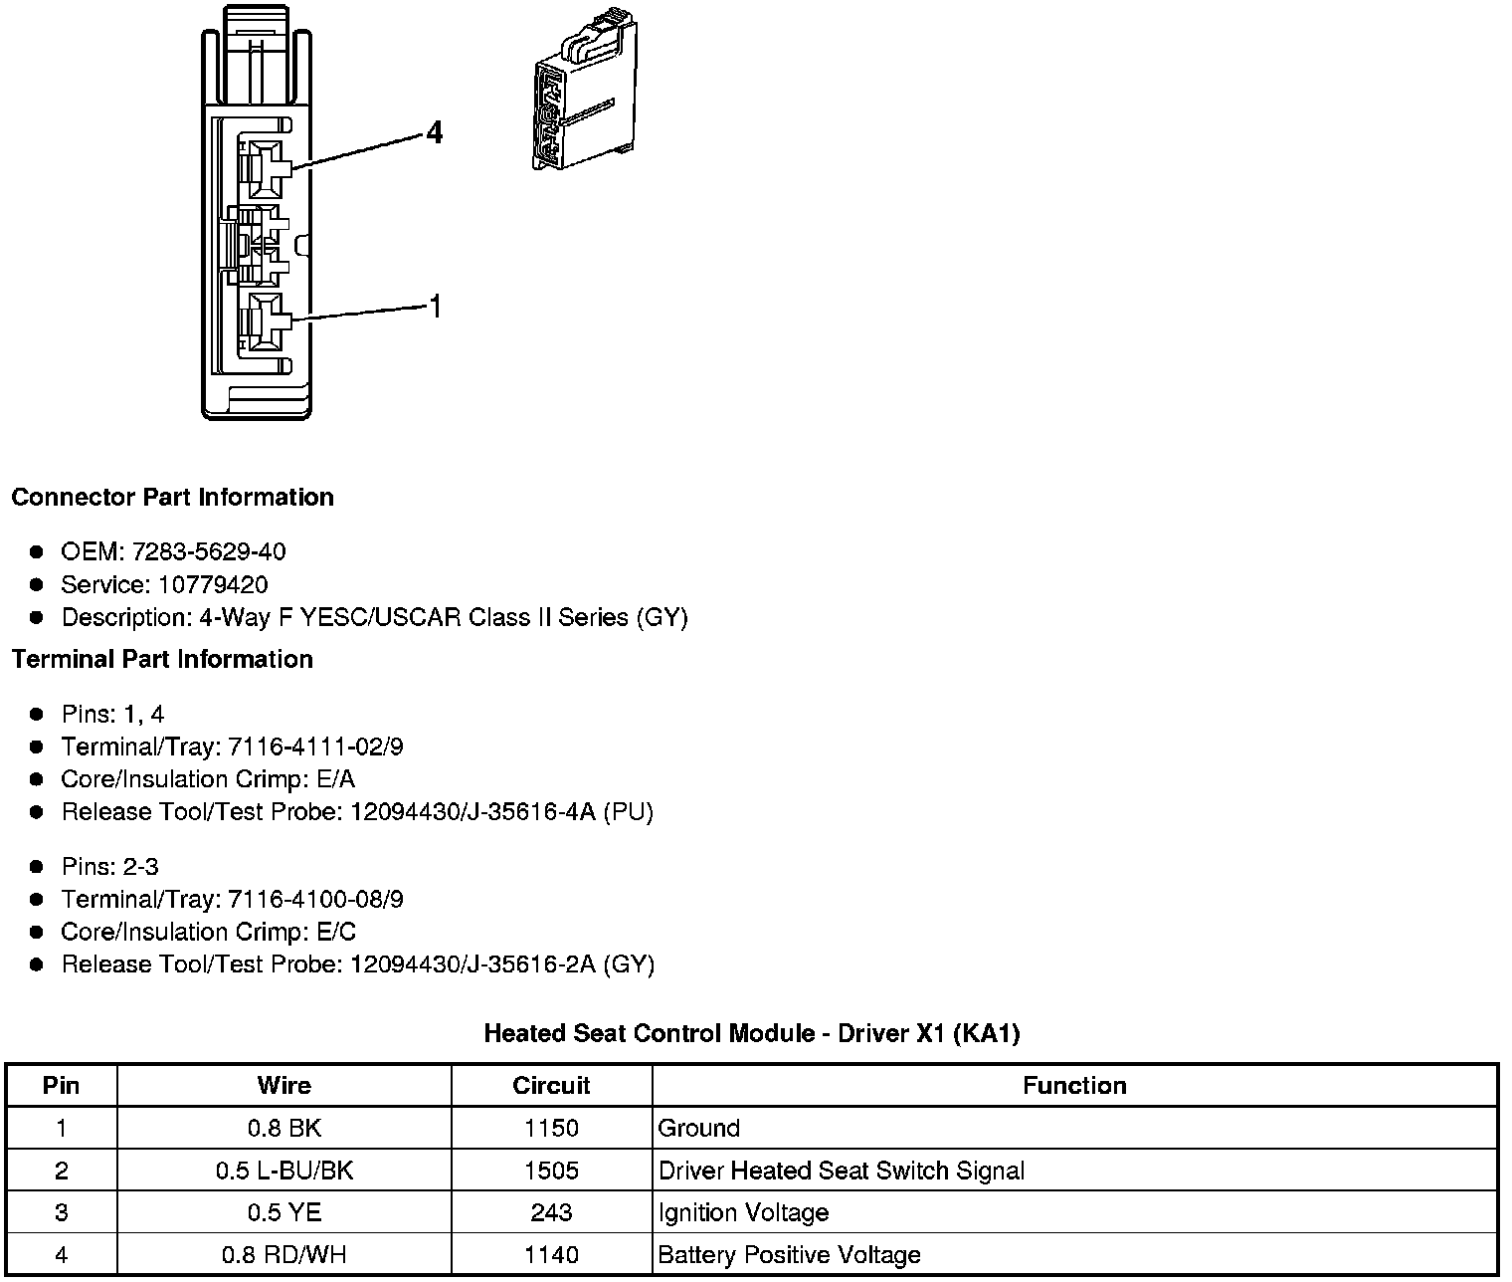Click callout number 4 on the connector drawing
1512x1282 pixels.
click(434, 132)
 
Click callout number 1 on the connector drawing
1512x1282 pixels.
click(434, 307)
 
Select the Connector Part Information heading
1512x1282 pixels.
click(172, 497)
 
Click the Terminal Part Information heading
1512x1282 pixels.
click(162, 659)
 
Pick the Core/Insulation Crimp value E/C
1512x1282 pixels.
click(337, 932)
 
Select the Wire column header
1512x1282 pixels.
click(283, 1085)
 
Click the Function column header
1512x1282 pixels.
click(1074, 1085)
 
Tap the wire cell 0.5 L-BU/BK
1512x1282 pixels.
click(283, 1171)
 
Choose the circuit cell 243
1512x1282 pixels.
click(551, 1212)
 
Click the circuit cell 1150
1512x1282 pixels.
click(551, 1128)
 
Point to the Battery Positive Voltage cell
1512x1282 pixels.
click(789, 1255)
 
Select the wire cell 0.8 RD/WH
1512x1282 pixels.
click(283, 1255)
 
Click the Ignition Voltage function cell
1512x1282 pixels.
click(743, 1212)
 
